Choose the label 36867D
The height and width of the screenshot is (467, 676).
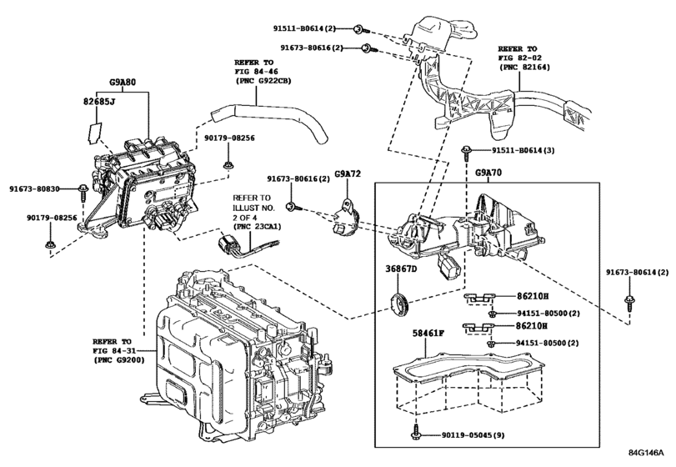(401, 269)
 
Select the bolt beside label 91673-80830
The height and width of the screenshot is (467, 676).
(83, 191)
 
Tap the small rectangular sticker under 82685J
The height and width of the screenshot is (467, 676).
(97, 130)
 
